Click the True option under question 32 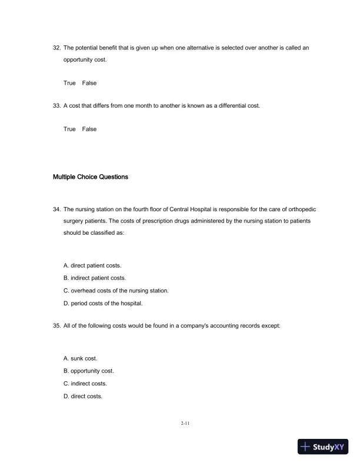(69, 83)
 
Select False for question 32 (89, 83)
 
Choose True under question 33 (69, 129)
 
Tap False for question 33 (89, 129)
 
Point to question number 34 (57, 209)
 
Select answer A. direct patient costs (92, 266)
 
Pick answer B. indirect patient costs (94, 278)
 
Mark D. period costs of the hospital (103, 304)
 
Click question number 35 (57, 325)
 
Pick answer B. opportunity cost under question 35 (89, 371)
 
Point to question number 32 (57, 48)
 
